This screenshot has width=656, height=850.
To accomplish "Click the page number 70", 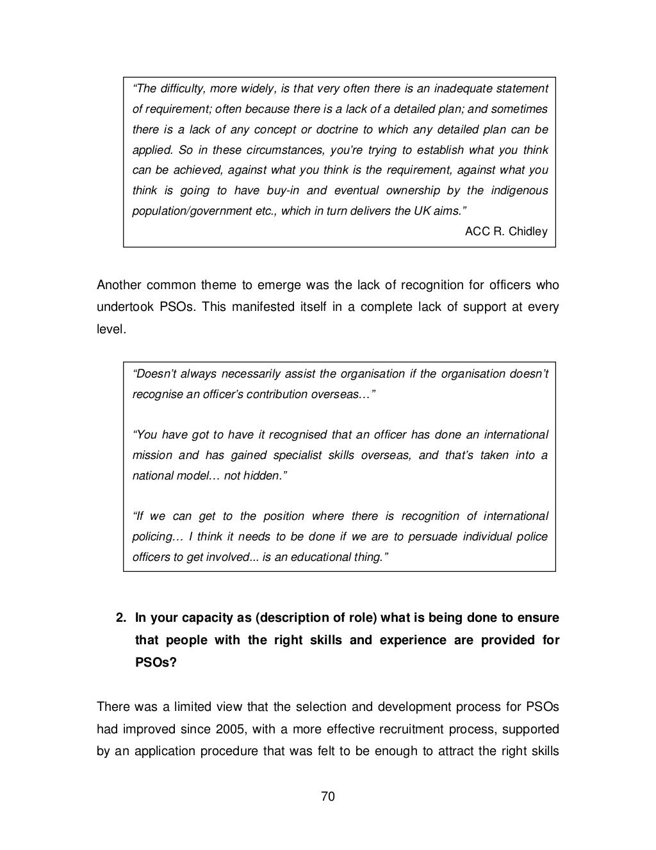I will coord(327,797).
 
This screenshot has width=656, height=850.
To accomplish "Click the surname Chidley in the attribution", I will coord(528,231).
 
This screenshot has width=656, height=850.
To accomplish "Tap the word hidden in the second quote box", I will coord(263,476).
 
